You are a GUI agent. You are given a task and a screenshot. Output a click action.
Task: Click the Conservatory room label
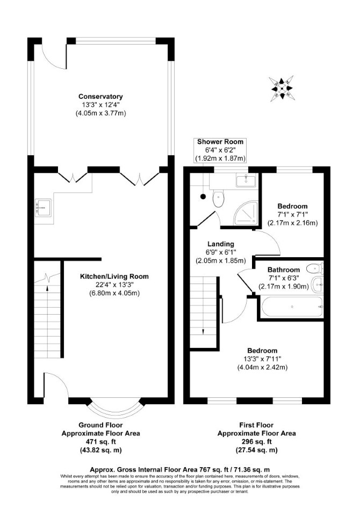pos(100,97)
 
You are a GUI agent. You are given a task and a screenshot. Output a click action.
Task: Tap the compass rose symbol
pos(282,88)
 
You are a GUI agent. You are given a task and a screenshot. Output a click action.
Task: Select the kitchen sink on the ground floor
pos(43,207)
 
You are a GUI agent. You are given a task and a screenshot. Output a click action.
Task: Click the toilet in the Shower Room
pos(218,199)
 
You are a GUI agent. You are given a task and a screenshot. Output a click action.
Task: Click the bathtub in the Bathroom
pos(292,307)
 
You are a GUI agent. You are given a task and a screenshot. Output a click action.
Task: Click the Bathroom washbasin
pos(317,285)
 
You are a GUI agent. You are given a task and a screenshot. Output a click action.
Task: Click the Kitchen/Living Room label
pos(114,277)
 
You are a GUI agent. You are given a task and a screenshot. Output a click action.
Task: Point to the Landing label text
pos(221,244)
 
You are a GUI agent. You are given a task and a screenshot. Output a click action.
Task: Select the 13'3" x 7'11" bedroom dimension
pos(263,359)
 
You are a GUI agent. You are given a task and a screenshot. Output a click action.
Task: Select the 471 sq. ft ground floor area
pos(100,441)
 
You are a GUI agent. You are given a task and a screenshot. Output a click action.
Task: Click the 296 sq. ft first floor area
pos(257,441)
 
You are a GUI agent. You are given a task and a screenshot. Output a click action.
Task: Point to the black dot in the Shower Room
pos(203,197)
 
